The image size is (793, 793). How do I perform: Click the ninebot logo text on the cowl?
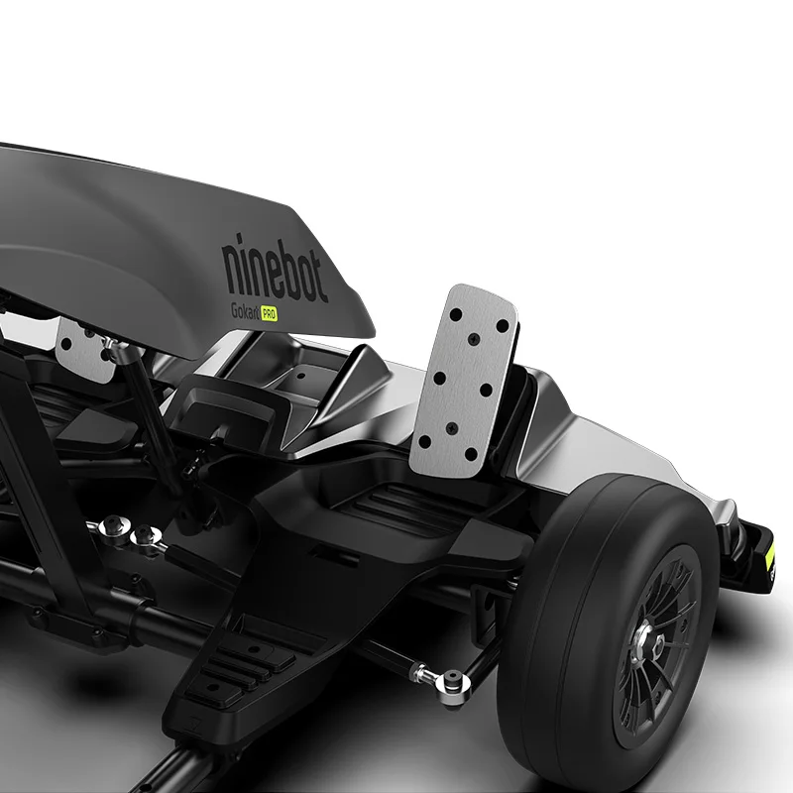286,267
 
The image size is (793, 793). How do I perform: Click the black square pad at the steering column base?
238,416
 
